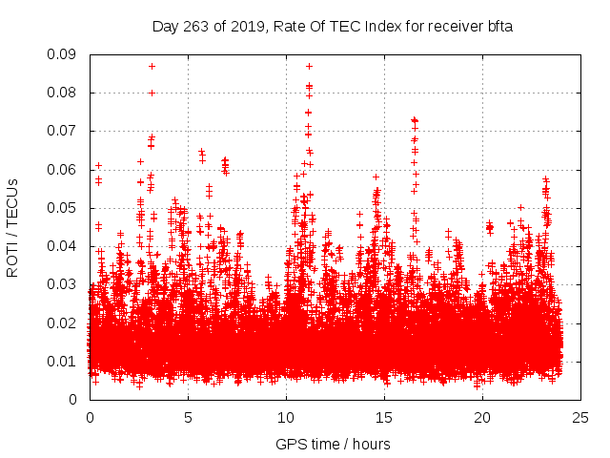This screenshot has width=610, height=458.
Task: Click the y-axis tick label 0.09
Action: pos(65,54)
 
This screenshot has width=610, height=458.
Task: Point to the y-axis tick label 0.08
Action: pos(65,93)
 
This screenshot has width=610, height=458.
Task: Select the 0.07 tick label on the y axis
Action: pos(65,131)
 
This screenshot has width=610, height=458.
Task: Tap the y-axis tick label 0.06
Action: pos(65,170)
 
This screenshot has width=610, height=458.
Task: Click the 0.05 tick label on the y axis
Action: pos(65,208)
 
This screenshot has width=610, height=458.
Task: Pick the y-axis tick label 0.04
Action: pos(65,246)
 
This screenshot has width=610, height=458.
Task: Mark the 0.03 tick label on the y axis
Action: pos(65,284)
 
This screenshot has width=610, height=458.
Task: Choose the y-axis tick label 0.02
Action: pos(65,323)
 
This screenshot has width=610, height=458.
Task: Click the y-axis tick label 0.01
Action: pos(65,361)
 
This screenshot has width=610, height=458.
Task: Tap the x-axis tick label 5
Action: pos(188,418)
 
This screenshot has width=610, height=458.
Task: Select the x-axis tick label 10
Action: pos(286,418)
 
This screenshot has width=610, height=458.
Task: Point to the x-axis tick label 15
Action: pos(384,418)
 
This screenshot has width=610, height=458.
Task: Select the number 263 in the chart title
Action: pos(198,26)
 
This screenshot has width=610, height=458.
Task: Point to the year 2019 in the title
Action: pos(246,26)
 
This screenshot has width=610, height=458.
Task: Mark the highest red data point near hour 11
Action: pos(309,66)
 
